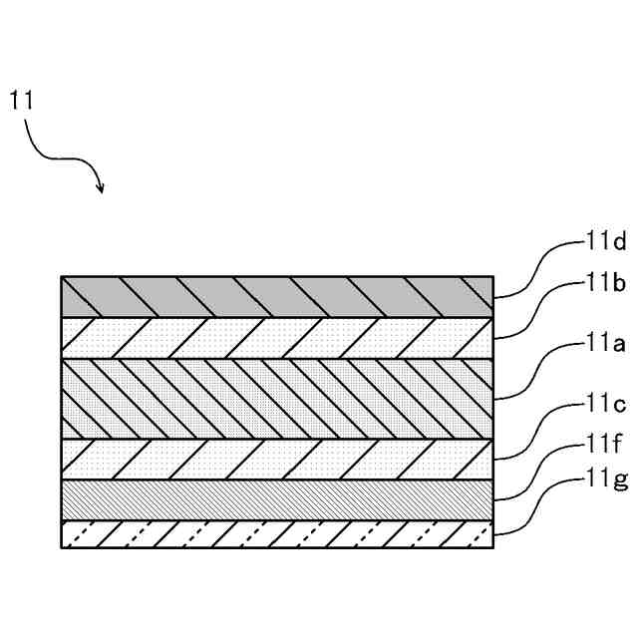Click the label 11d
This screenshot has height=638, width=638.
pyautogui.click(x=605, y=241)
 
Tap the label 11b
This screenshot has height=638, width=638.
pyautogui.click(x=605, y=283)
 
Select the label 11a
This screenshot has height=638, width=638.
pyautogui.click(x=605, y=346)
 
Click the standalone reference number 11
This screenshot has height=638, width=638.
pyautogui.click(x=22, y=100)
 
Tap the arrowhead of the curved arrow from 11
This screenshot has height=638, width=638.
pyautogui.click(x=101, y=186)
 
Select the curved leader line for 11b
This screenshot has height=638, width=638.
pyautogui.click(x=539, y=310)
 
